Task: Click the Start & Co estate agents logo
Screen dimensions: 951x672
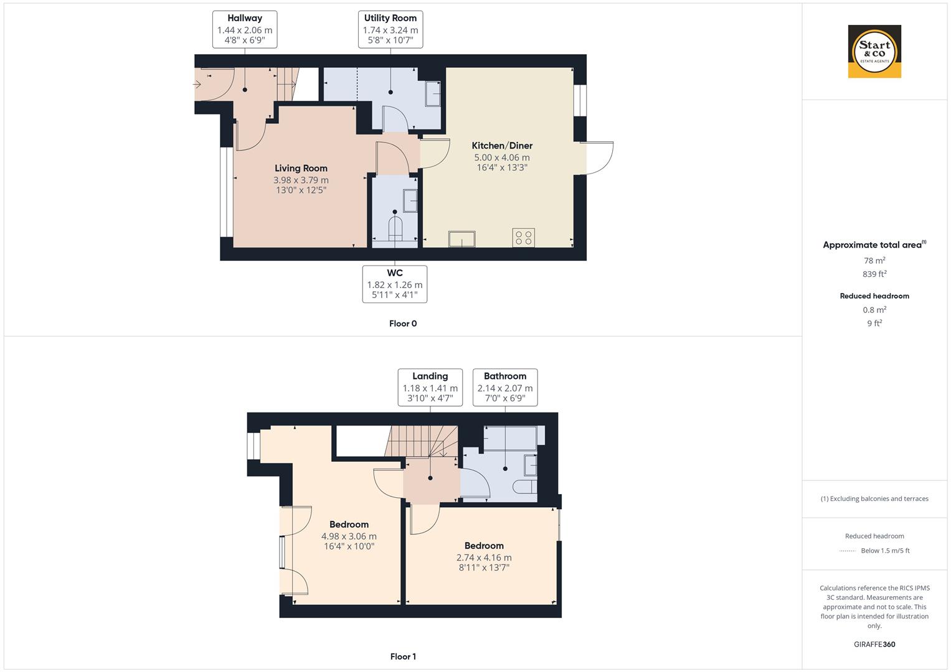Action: (x=874, y=51)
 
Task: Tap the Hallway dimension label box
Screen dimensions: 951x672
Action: (x=245, y=29)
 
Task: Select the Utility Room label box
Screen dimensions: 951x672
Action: (x=390, y=29)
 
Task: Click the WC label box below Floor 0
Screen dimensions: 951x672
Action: (x=395, y=284)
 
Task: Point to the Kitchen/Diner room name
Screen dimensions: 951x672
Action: (x=502, y=146)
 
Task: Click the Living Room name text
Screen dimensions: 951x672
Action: (x=301, y=168)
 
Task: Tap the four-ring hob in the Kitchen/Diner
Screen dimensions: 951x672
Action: (x=524, y=238)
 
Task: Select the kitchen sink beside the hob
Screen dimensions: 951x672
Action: (x=462, y=239)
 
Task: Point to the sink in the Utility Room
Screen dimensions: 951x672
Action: (x=433, y=94)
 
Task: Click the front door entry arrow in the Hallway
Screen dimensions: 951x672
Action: (x=197, y=85)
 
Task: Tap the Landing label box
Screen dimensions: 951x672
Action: (x=430, y=387)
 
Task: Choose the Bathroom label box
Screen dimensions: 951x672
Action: (x=505, y=387)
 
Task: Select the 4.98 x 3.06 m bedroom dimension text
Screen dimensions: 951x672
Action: (x=349, y=536)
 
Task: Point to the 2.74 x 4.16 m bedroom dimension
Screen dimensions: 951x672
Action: (x=484, y=558)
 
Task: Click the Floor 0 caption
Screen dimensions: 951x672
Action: (x=403, y=324)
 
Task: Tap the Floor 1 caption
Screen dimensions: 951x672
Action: (x=403, y=656)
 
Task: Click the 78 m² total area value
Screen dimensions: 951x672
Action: (x=874, y=261)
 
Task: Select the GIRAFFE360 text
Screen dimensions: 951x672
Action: (x=874, y=645)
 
